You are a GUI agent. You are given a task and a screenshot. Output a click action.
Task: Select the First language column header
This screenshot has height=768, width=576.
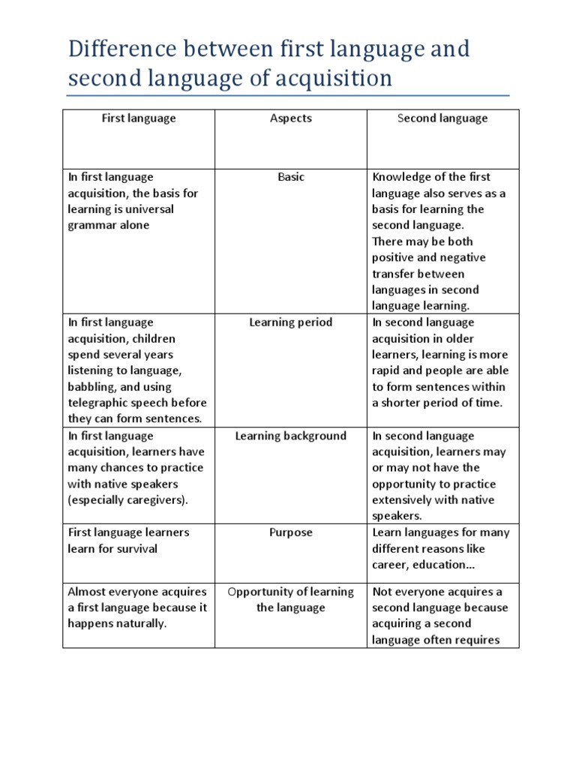click(x=139, y=118)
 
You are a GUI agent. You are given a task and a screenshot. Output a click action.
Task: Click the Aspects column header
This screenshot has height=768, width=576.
click(x=290, y=118)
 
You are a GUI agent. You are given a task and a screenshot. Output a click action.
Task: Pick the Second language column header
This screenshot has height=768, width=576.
click(x=442, y=118)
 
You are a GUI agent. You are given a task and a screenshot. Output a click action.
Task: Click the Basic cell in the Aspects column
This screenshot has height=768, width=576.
click(x=290, y=177)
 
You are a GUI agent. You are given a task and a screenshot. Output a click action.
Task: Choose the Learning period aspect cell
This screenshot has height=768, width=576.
click(x=290, y=322)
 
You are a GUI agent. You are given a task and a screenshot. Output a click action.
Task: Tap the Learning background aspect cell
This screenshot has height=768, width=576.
click(x=290, y=436)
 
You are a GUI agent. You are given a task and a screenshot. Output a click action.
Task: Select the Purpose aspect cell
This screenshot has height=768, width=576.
click(x=290, y=532)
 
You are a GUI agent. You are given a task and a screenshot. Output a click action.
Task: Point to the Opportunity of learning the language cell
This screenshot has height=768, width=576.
click(x=290, y=599)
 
